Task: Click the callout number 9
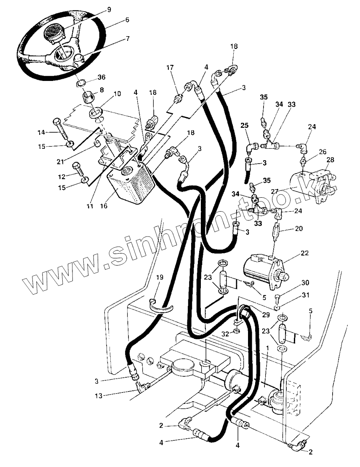[109, 9]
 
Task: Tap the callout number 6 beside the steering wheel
[127, 20]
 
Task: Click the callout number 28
[330, 160]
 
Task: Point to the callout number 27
[275, 191]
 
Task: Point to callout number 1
[267, 349]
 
